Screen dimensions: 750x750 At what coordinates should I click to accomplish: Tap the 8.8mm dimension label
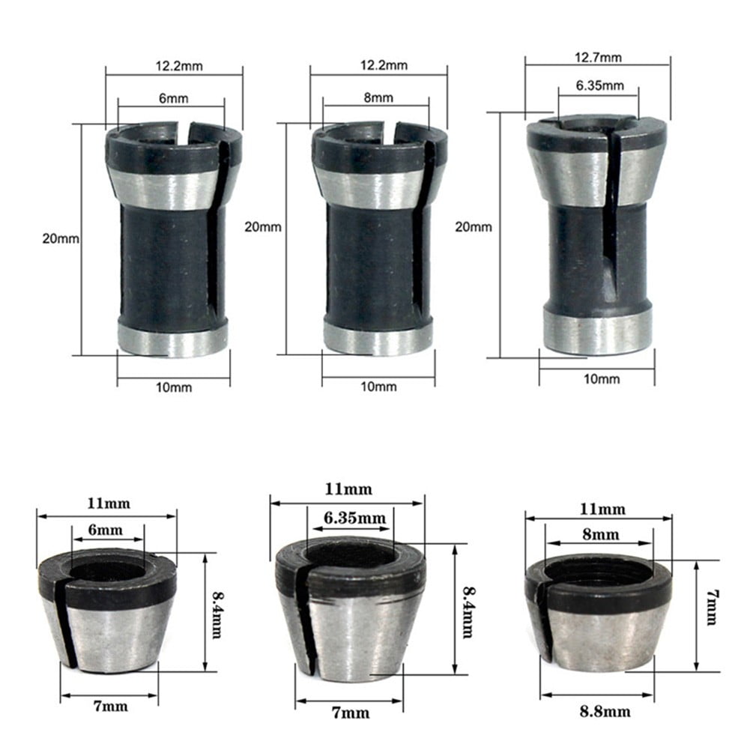coord(603,711)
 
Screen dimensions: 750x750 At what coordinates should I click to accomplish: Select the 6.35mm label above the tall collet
coord(599,85)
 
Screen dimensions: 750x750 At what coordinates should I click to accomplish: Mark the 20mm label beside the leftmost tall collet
coord(60,239)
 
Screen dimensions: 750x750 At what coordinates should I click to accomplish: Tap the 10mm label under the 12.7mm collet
coord(602,379)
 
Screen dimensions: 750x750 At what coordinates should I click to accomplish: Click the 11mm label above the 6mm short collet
coord(107,503)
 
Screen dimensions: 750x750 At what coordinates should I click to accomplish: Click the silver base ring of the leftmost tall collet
coord(173,339)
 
